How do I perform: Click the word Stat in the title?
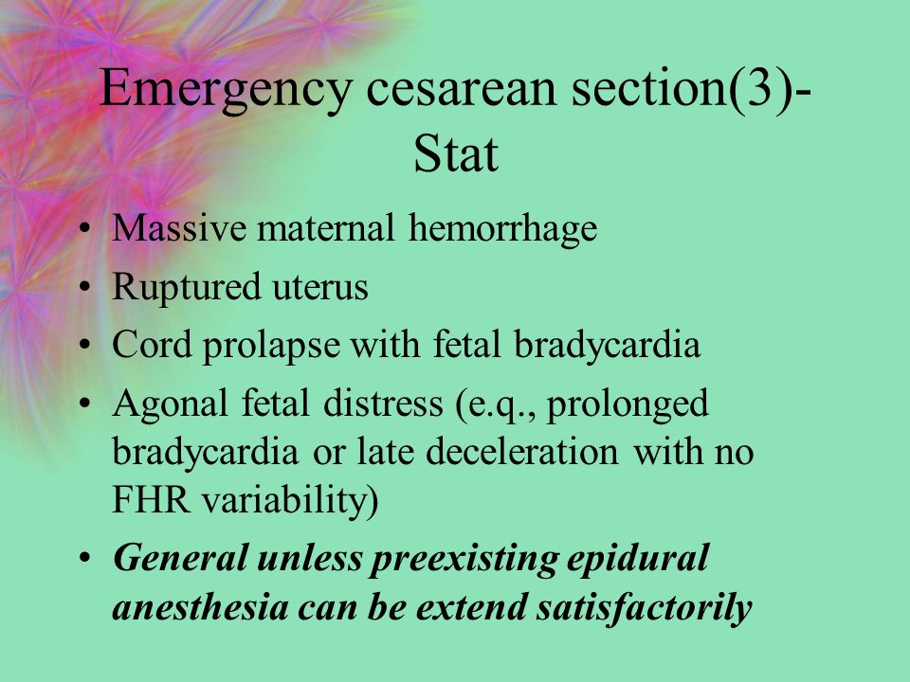click(456, 153)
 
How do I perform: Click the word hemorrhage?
click(502, 229)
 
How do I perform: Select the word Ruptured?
click(187, 288)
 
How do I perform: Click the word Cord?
click(152, 344)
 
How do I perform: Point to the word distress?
click(383, 404)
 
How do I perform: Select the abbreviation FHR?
click(151, 499)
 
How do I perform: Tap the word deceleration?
click(521, 451)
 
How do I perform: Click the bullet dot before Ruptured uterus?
click(85, 286)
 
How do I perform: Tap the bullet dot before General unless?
click(85, 557)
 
